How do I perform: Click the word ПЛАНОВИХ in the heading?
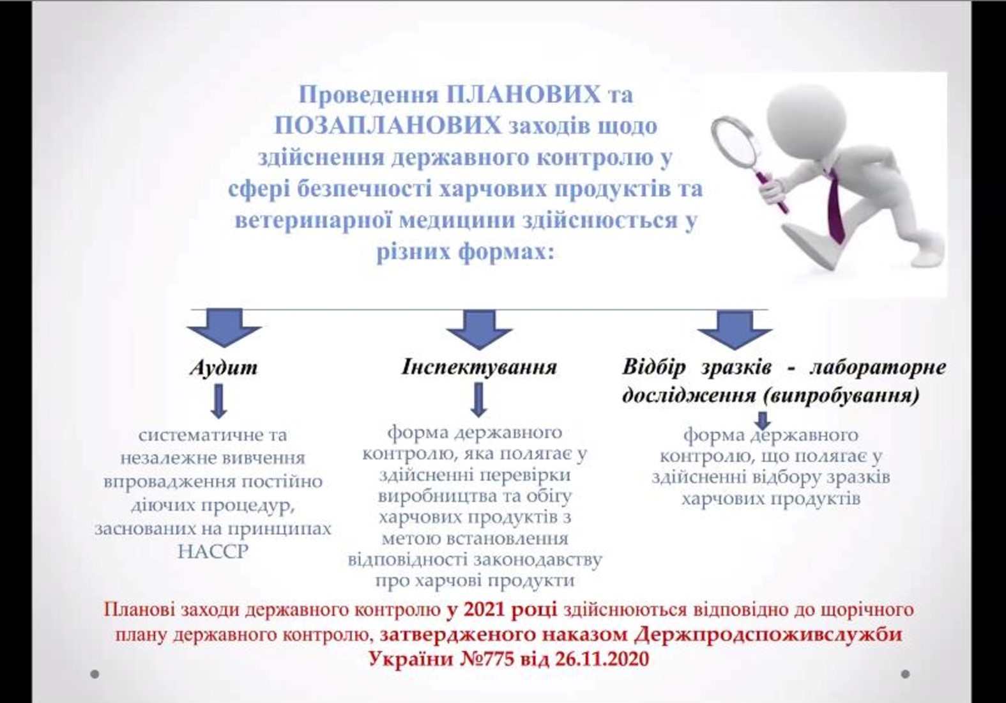pyautogui.click(x=523, y=95)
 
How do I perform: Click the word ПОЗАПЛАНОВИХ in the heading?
pyautogui.click(x=388, y=125)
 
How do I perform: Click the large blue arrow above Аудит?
pyautogui.click(x=224, y=328)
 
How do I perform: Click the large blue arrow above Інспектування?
pyautogui.click(x=479, y=330)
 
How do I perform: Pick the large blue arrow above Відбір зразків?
pyautogui.click(x=735, y=330)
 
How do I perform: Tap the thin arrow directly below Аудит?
pyautogui.click(x=218, y=401)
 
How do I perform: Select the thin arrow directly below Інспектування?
pyautogui.click(x=479, y=399)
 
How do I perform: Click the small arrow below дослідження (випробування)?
pyautogui.click(x=763, y=421)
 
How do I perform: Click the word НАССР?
pyautogui.click(x=213, y=552)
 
